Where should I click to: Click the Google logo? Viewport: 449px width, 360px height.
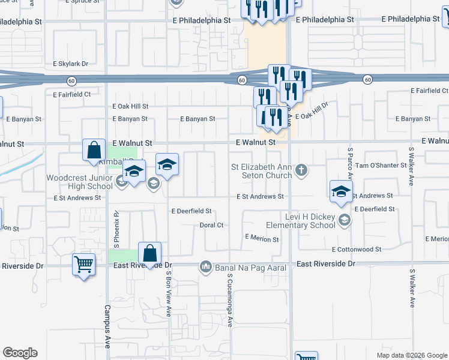pos(20,353)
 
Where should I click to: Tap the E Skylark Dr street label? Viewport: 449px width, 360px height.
pos(70,64)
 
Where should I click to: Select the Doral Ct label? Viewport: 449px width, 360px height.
pos(211,226)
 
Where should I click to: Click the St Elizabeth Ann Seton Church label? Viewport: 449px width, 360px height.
pos(264,171)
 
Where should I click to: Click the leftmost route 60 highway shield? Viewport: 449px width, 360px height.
pos(71,80)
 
